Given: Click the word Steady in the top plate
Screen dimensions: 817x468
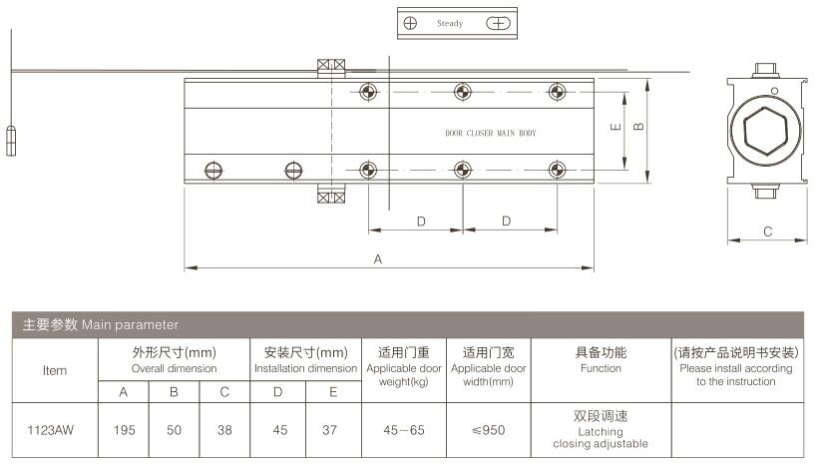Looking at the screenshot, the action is (x=450, y=24).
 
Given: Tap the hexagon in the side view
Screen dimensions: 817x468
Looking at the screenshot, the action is (x=765, y=131).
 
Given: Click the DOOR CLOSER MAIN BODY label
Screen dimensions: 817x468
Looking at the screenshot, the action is (x=491, y=133).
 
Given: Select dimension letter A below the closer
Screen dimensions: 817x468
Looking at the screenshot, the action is (x=378, y=259).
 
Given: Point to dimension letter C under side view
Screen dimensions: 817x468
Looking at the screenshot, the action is (x=767, y=232).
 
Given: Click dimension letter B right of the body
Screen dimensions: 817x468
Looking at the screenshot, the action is (x=638, y=126).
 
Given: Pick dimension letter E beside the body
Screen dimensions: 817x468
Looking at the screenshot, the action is (x=615, y=126).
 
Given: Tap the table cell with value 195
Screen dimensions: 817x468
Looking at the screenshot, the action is (x=124, y=430).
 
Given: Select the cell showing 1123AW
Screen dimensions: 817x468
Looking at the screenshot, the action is (x=51, y=430).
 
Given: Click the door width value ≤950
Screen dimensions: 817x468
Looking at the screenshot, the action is (x=488, y=430).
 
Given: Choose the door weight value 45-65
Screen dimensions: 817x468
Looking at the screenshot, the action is (x=404, y=430).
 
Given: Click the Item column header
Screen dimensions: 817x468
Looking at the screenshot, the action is (x=55, y=370).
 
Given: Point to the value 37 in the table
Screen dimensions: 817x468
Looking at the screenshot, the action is (x=330, y=430).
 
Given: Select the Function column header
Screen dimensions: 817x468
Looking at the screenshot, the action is (x=601, y=359).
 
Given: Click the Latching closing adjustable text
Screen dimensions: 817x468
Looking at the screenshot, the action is (x=601, y=438).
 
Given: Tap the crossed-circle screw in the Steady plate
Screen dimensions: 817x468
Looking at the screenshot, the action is (x=410, y=23).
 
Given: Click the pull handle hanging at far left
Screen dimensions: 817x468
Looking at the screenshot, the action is (x=11, y=141).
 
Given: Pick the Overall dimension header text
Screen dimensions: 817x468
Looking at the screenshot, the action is (x=174, y=368).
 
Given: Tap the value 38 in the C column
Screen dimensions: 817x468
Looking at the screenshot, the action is (x=224, y=430).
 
